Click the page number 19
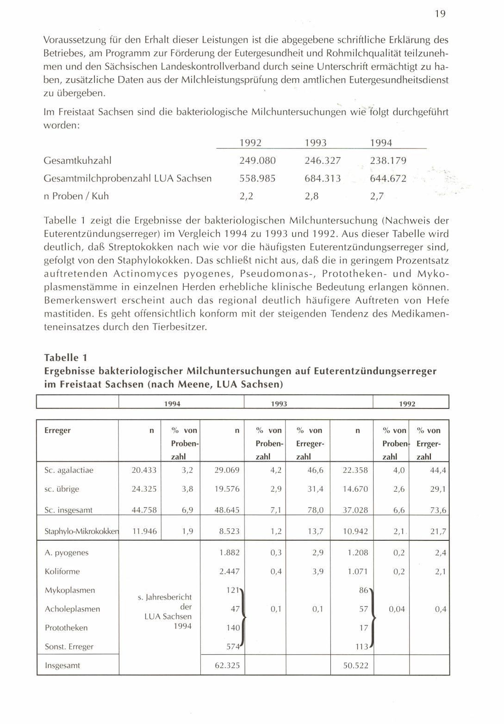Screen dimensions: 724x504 click(x=440, y=14)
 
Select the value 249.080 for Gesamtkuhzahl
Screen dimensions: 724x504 click(x=257, y=161)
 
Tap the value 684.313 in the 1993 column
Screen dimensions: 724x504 click(x=323, y=178)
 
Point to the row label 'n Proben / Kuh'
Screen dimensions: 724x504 click(x=76, y=196)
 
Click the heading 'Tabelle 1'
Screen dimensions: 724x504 click(x=65, y=358)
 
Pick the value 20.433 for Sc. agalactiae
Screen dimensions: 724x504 click(x=144, y=470)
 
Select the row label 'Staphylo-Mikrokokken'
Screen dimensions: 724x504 click(x=81, y=531)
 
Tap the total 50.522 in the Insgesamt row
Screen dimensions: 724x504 click(x=355, y=666)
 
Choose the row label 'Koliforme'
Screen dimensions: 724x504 click(x=62, y=571)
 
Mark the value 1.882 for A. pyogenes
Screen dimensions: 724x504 click(x=229, y=552)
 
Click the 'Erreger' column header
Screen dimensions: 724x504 click(x=57, y=430)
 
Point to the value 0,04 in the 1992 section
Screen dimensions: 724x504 click(x=397, y=609)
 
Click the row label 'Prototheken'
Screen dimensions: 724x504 click(x=66, y=628)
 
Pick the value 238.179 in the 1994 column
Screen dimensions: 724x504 click(x=388, y=161)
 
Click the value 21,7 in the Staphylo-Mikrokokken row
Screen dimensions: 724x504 click(x=438, y=532)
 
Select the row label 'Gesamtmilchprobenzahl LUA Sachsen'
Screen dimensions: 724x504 click(x=127, y=178)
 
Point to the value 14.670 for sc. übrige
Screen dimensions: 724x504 click(x=355, y=489)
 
